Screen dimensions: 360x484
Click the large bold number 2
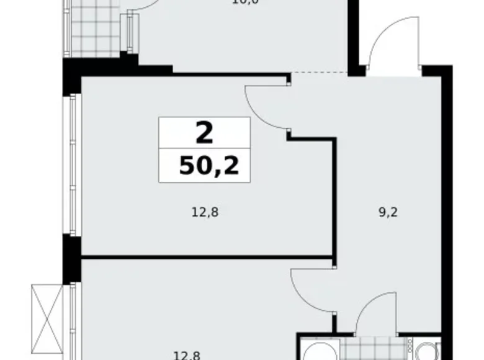pos(204,132)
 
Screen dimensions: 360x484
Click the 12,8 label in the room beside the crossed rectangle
pos(186,355)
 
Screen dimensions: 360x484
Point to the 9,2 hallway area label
pos(388,212)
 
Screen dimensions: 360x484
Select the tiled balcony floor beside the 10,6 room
pos(93,28)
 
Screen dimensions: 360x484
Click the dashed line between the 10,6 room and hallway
pos(320,73)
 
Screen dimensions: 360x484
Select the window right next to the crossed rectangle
pos(73,320)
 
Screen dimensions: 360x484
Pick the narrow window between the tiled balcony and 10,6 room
pos(130,31)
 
